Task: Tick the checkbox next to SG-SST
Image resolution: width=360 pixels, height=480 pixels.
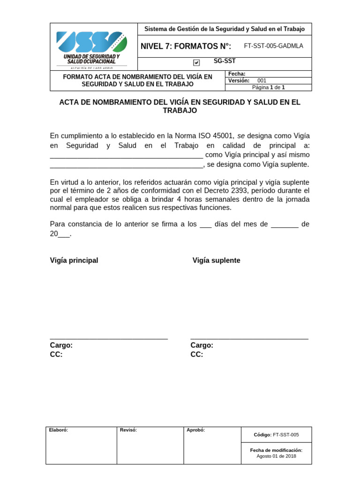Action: click(x=196, y=62)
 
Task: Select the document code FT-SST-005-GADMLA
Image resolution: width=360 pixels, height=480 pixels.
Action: click(x=274, y=46)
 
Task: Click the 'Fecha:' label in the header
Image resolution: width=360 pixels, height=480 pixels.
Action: click(x=237, y=74)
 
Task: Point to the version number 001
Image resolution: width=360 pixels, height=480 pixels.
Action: click(x=262, y=81)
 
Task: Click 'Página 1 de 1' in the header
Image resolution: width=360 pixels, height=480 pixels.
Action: click(x=269, y=87)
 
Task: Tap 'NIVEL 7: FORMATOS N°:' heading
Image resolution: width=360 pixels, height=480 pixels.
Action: click(x=186, y=46)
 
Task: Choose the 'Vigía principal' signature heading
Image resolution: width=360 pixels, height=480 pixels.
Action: click(x=74, y=261)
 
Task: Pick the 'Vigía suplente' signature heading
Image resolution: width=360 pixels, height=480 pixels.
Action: click(x=216, y=261)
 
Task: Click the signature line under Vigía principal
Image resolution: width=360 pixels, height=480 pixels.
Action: click(x=109, y=338)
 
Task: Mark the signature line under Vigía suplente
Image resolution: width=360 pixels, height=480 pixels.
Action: click(x=249, y=338)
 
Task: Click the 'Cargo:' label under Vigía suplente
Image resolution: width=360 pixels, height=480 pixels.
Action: click(x=202, y=345)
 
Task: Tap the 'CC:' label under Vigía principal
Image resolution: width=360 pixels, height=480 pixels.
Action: click(x=56, y=355)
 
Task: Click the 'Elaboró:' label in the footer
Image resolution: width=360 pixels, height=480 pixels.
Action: click(x=59, y=430)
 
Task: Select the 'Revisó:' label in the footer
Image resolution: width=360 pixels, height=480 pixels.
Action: click(x=128, y=430)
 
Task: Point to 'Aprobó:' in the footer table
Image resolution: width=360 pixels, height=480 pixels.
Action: click(x=195, y=430)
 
